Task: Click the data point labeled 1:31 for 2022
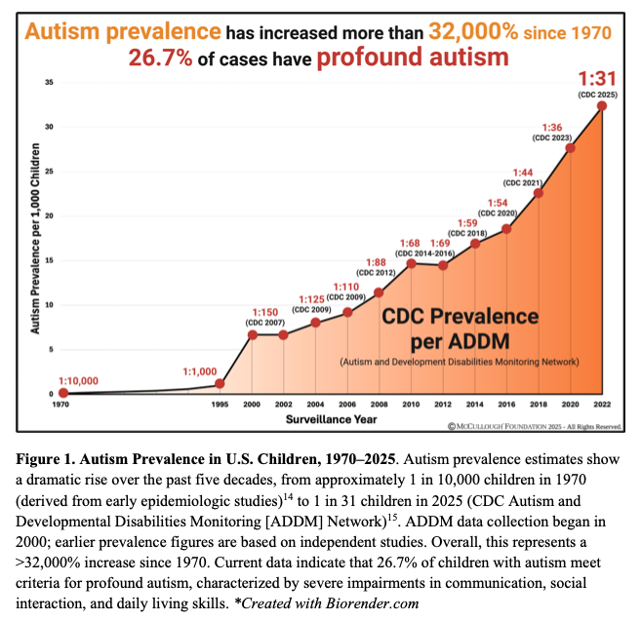(602, 105)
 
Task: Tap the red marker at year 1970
(63, 393)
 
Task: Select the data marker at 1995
(221, 383)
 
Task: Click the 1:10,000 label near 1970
(79, 380)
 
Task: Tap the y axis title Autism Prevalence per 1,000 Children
(33, 239)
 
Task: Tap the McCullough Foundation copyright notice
(535, 426)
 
